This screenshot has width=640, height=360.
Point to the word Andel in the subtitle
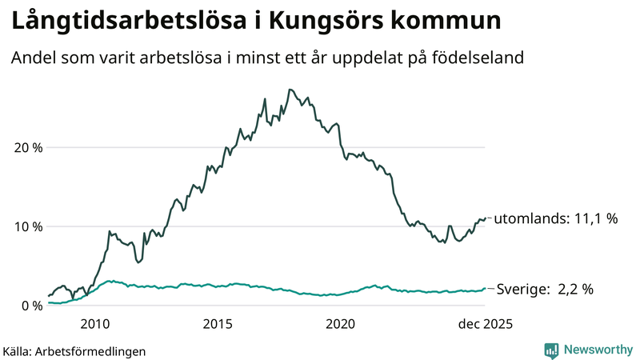(32, 59)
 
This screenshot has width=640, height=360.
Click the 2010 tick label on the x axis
(94, 324)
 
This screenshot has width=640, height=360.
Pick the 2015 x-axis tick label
(218, 324)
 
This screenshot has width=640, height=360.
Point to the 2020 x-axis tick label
(341, 324)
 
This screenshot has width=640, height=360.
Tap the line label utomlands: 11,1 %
(557, 218)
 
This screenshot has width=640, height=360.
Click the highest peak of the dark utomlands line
(290, 90)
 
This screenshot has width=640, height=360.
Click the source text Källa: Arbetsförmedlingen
(74, 350)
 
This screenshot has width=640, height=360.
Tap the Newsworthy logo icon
(551, 350)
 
